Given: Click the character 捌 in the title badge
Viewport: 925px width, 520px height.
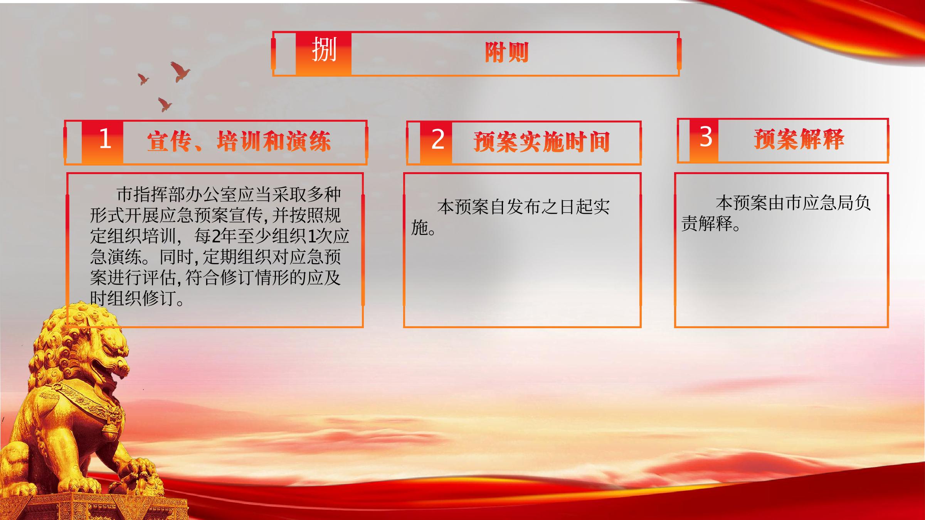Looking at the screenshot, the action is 324,49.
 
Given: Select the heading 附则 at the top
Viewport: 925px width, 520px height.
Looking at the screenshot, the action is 506,52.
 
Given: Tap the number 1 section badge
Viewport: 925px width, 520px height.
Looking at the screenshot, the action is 103,142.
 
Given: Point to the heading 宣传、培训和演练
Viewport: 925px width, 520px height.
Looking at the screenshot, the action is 239,141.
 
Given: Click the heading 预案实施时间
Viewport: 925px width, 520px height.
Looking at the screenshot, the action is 542,142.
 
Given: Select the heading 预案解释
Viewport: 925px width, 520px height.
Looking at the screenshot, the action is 799,139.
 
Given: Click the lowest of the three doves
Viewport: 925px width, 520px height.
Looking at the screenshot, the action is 165,104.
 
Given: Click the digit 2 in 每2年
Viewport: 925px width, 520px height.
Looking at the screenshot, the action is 216,236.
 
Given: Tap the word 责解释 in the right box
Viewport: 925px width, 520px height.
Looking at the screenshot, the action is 707,224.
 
